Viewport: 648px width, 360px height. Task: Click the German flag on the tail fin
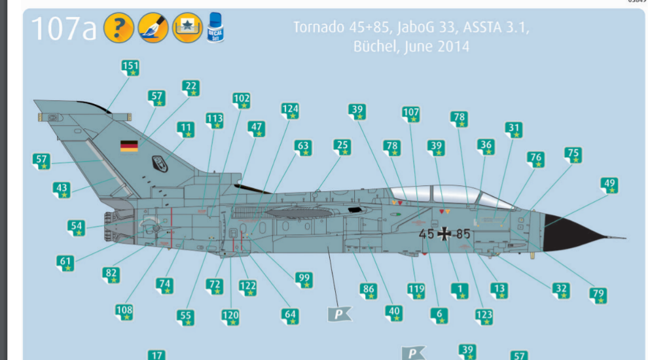pos(129,146)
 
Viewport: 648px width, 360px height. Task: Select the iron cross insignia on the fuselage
pos(445,233)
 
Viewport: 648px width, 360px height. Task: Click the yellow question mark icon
pos(118,27)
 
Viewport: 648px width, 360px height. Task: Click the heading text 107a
pos(63,29)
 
